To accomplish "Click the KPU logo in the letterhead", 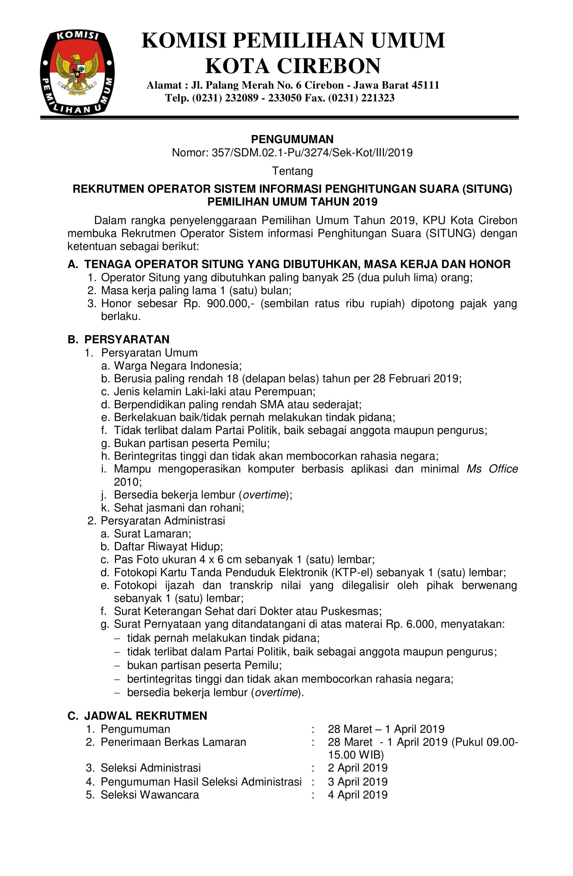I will pos(77,72).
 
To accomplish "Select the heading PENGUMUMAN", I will pos(292,139).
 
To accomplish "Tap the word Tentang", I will pos(292,171).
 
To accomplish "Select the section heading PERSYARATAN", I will pos(127,339).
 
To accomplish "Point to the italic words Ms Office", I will pos(492,469).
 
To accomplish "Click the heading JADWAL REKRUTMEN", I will pos(146,716).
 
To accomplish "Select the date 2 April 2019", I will pos(357,768).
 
